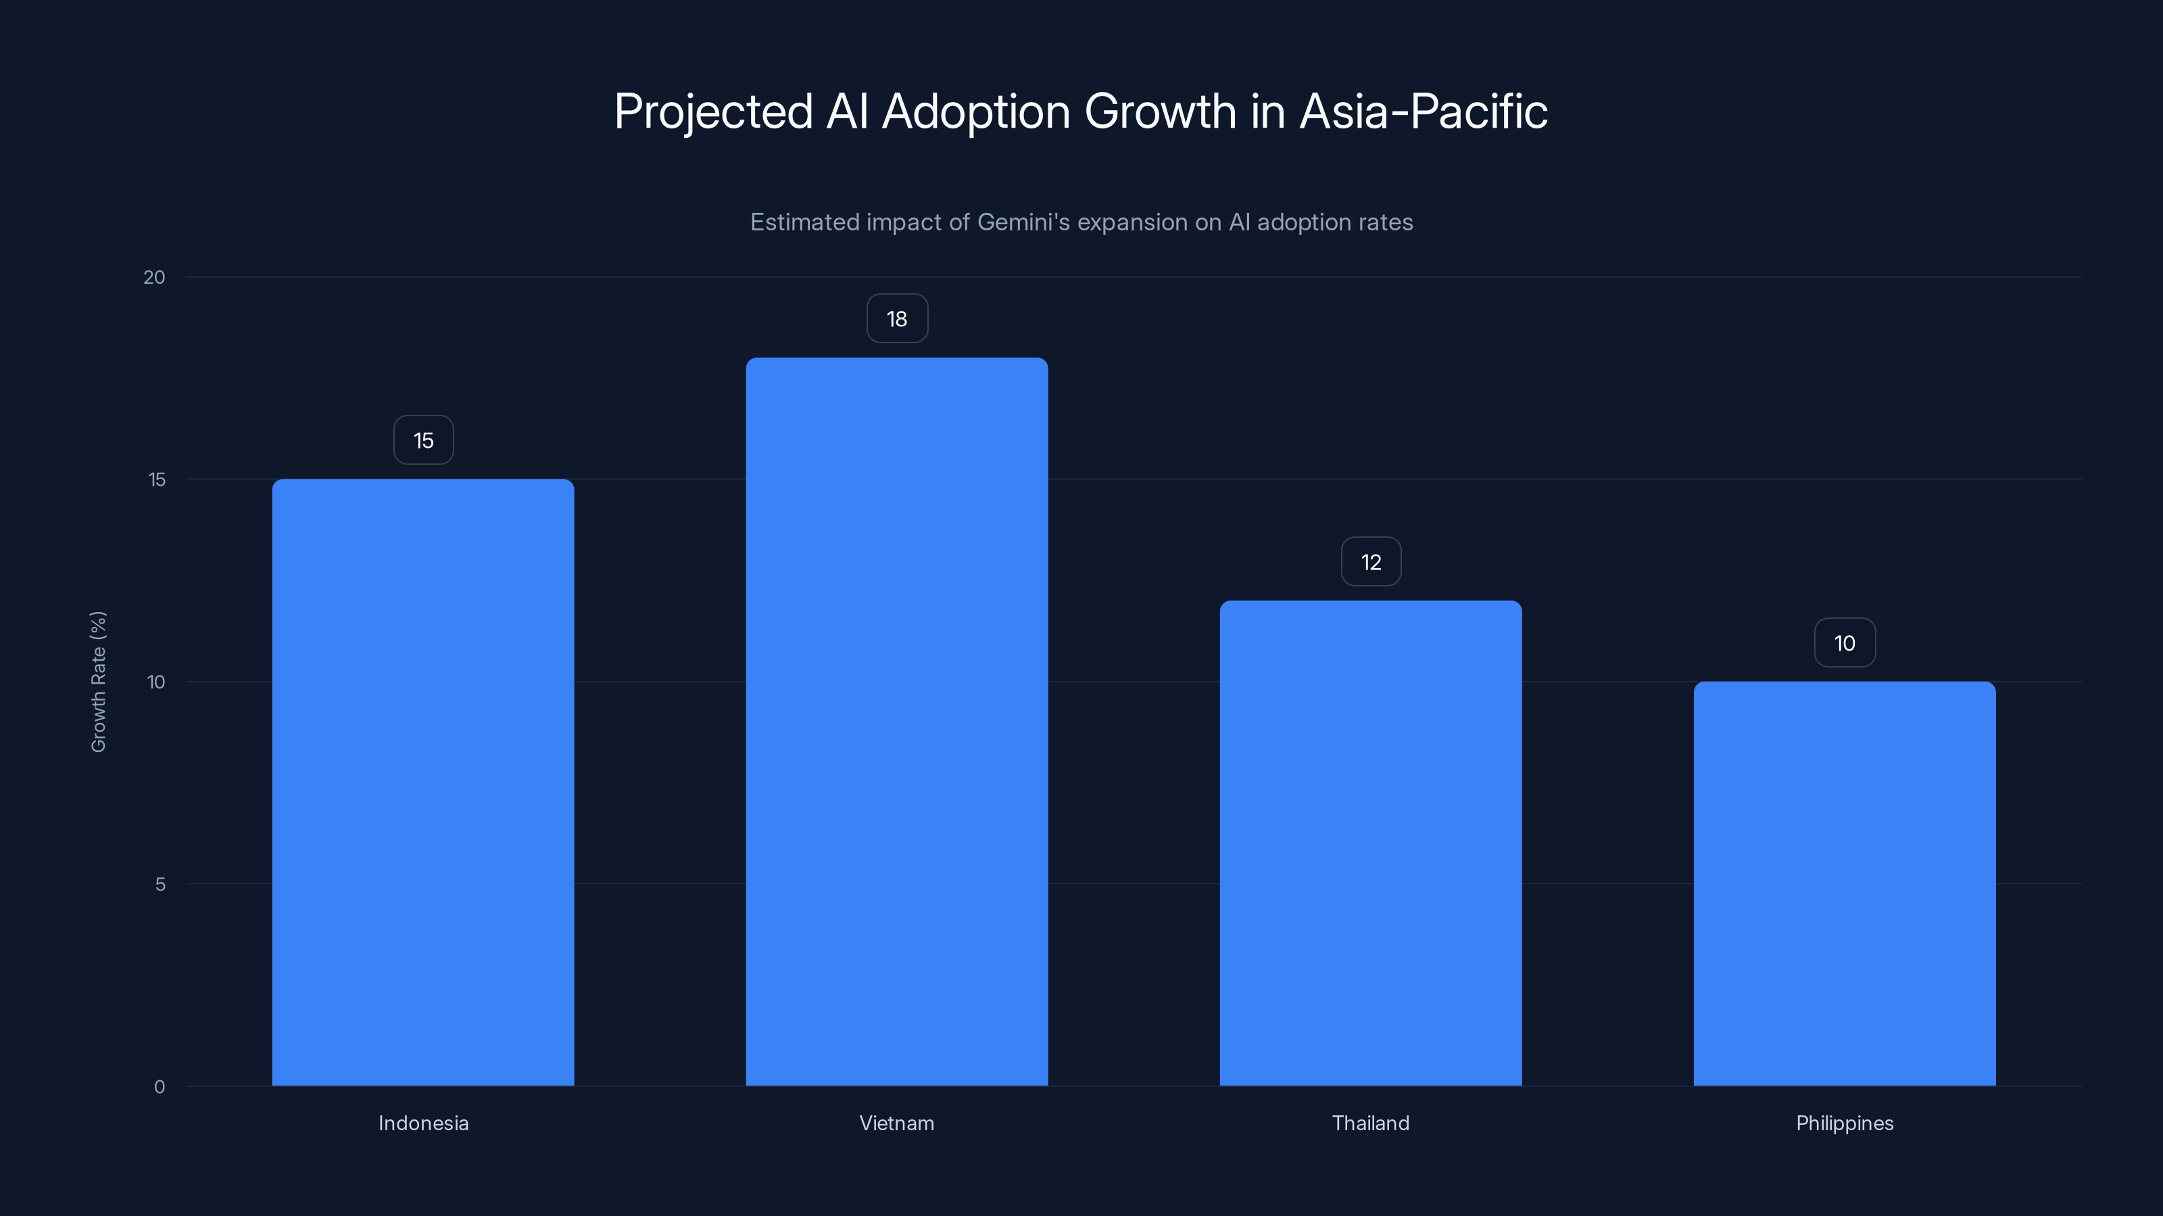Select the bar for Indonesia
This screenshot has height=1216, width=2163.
(x=423, y=782)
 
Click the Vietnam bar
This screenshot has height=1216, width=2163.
(x=897, y=721)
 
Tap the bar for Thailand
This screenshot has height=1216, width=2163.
(x=1370, y=842)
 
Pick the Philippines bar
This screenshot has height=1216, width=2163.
(x=1844, y=883)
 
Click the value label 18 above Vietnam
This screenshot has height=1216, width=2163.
(x=897, y=319)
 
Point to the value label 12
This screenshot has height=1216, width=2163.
(x=1370, y=562)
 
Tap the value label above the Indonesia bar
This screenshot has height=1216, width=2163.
(x=423, y=440)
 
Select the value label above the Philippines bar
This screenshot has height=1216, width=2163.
(x=1844, y=644)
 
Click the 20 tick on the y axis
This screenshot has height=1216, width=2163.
(x=155, y=278)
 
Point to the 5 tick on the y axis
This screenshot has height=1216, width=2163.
(x=160, y=884)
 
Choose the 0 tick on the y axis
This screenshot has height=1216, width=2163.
(x=160, y=1087)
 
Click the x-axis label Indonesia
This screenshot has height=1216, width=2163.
(x=423, y=1123)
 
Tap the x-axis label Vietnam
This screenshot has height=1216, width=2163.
(x=897, y=1123)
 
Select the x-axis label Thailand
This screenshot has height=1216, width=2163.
(x=1370, y=1123)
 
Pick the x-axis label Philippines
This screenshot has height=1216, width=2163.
(x=1844, y=1123)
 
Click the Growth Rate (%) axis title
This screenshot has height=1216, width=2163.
(x=98, y=682)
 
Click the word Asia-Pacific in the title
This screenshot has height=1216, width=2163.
(x=1424, y=111)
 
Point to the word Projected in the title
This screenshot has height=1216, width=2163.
(x=714, y=111)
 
